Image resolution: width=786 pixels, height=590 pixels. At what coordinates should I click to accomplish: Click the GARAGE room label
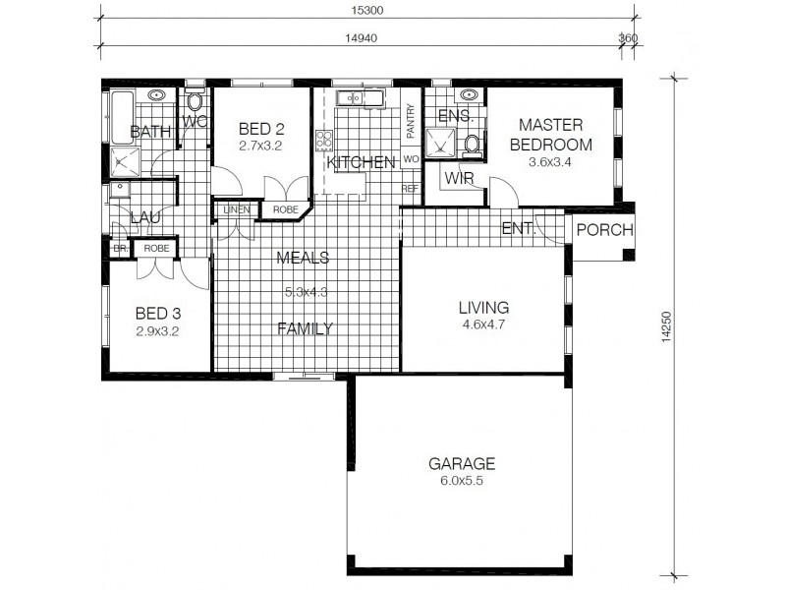(461, 463)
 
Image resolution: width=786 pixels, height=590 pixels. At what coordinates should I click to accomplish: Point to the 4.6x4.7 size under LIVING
(484, 324)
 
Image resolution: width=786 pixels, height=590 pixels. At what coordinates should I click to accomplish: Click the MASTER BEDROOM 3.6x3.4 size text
(550, 162)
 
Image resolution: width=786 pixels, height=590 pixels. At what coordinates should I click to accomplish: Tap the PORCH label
(604, 230)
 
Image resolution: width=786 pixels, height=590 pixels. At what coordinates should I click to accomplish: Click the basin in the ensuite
(469, 96)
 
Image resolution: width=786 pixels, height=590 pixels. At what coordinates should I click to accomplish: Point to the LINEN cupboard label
(236, 209)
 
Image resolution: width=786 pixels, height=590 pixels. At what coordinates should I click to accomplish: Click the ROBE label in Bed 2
(285, 209)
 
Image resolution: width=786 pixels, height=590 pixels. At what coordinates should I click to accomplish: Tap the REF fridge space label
(409, 188)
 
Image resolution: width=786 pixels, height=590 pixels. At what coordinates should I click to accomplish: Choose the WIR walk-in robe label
(460, 179)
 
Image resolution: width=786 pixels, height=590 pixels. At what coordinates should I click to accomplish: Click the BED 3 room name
(157, 314)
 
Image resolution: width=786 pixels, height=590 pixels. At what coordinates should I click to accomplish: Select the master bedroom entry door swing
(501, 192)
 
